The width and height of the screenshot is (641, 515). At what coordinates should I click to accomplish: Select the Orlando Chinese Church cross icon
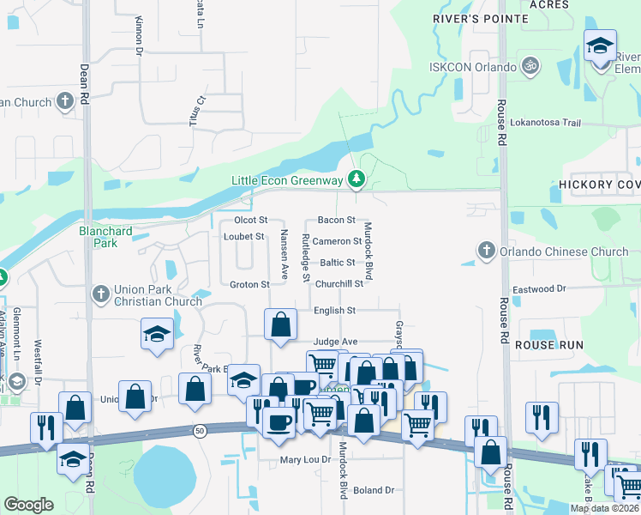coord(487,251)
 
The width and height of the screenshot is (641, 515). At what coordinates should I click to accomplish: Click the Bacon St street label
coord(336,221)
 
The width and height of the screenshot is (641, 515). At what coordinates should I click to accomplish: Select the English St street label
coord(334,310)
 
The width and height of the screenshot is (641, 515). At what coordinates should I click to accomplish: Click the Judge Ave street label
coord(335,342)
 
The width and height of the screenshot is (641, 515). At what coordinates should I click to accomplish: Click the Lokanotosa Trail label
coord(545,123)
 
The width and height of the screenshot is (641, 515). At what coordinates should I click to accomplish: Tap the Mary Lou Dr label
coord(305,460)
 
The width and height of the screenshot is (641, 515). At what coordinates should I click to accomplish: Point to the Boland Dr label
coord(372,490)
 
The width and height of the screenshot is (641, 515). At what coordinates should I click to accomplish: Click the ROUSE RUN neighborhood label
coord(548,344)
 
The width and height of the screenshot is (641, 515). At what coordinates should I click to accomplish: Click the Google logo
coord(27,505)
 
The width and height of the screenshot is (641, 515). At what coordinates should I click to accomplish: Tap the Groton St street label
coord(249,284)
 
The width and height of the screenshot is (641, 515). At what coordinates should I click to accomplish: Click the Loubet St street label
coord(243,236)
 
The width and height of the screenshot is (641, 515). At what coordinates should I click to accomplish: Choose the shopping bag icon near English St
coord(281,326)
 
